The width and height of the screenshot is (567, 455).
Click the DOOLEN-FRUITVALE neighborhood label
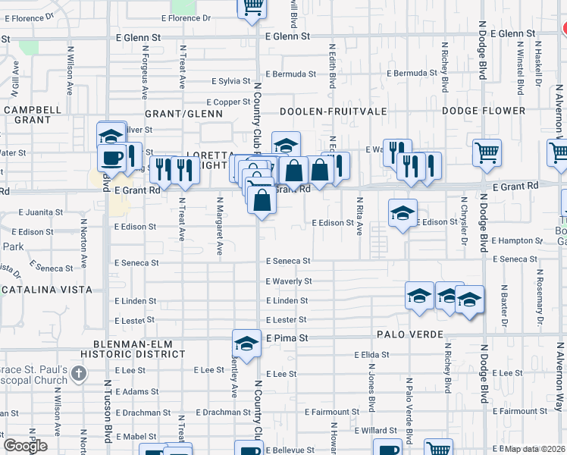[x=334, y=111]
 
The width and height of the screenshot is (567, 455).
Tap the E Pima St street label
[x=287, y=337]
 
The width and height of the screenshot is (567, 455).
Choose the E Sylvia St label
[x=231, y=80]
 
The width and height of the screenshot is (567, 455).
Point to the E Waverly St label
[x=289, y=281]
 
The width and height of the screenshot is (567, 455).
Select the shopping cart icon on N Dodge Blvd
[x=487, y=152]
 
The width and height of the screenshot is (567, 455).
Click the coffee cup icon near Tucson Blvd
[x=113, y=158]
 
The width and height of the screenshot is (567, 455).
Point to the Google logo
[x=25, y=446]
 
